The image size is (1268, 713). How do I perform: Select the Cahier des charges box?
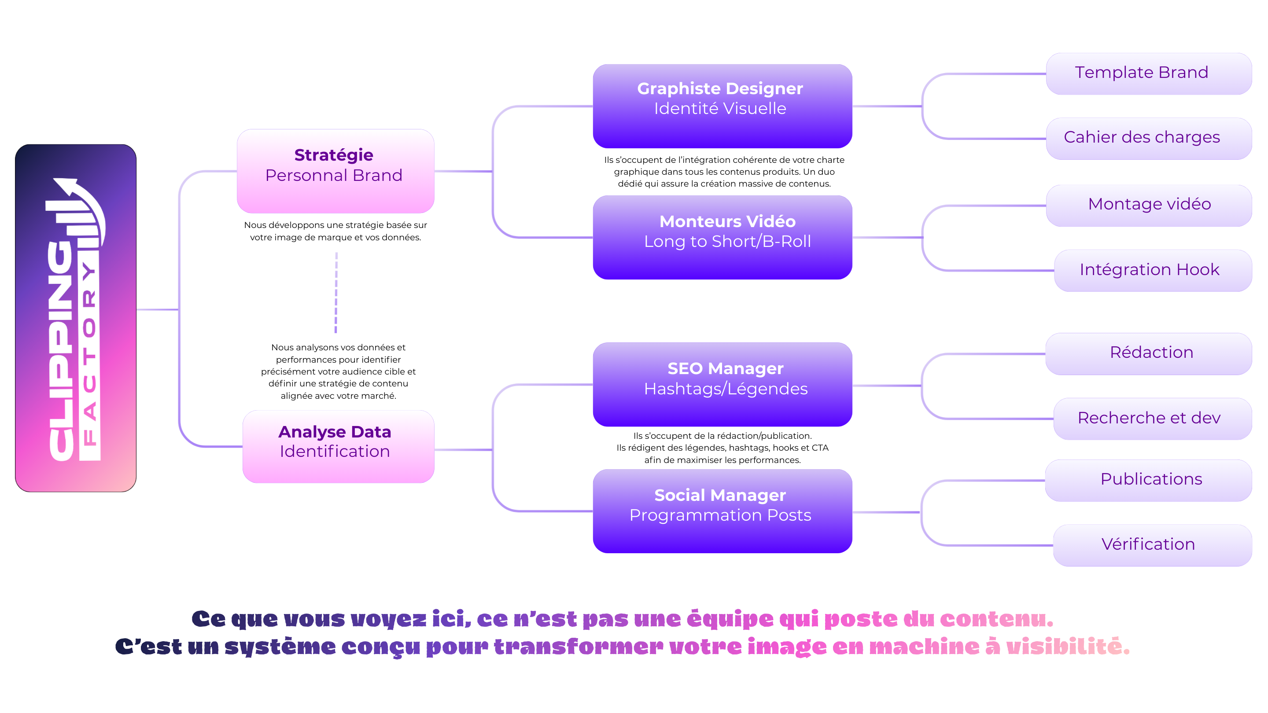(x=1148, y=138)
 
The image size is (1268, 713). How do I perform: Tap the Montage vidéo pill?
(x=1149, y=205)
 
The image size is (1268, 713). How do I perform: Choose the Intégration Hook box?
(x=1152, y=270)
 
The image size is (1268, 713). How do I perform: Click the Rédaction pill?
(x=1148, y=353)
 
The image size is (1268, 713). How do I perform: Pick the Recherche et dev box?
(x=1152, y=418)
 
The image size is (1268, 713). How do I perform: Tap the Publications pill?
(x=1148, y=480)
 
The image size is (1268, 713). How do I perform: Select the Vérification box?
(x=1152, y=545)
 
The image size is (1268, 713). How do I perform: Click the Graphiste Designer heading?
(x=720, y=88)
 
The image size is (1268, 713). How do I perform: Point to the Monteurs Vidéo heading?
(x=727, y=221)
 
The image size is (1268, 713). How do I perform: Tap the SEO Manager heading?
(x=725, y=368)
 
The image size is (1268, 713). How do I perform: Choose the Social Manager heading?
(x=720, y=495)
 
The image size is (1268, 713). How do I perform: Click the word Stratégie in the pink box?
(x=334, y=155)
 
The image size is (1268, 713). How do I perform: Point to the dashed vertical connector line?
(x=336, y=293)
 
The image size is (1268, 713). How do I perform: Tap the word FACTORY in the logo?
(x=89, y=354)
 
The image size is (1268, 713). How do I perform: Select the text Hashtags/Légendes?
(x=726, y=389)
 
